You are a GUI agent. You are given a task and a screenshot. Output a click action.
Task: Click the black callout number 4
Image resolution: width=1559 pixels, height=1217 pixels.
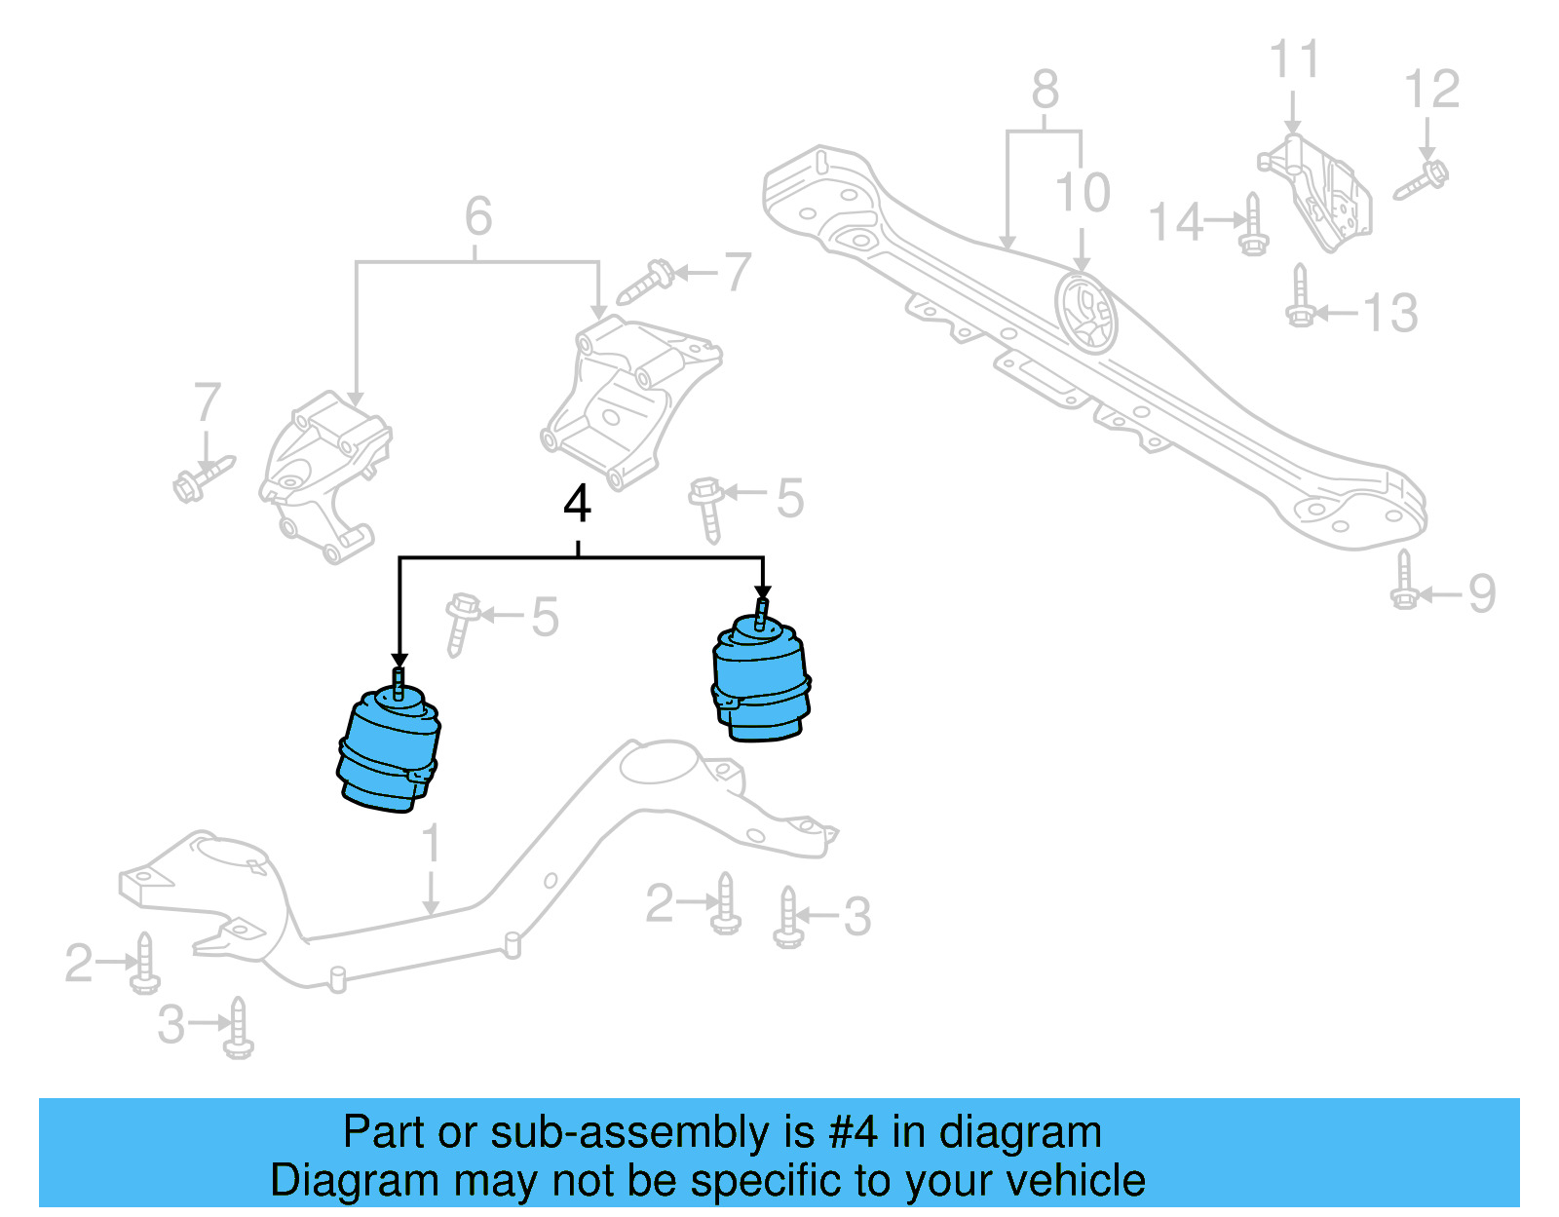[578, 505]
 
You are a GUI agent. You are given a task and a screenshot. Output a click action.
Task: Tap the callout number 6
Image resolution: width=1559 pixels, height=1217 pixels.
[478, 216]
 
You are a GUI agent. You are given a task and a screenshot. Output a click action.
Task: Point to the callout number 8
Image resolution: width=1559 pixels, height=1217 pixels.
[1045, 91]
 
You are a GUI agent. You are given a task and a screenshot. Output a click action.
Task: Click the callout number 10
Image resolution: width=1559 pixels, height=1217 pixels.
[1083, 193]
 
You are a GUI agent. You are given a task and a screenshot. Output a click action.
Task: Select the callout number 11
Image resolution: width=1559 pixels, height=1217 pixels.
[1294, 59]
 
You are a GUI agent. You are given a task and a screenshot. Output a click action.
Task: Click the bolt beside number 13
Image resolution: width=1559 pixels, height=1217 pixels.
[1300, 297]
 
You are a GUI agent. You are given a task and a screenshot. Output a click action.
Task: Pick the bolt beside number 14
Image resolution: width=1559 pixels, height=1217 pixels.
[1253, 225]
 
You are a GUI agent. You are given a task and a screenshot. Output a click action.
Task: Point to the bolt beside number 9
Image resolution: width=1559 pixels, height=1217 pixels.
[1404, 581]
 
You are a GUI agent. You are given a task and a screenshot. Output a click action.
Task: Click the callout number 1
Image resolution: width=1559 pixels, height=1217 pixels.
[431, 844]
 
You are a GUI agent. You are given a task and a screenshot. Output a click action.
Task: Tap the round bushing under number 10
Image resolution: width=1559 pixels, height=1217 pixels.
[1086, 313]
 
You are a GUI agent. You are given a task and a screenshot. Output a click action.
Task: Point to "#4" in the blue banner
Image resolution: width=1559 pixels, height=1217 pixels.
[853, 1133]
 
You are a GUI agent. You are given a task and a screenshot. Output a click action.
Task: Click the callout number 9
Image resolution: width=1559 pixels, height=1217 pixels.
[1481, 594]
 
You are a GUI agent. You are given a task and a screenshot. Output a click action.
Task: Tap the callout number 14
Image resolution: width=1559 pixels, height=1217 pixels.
[1176, 223]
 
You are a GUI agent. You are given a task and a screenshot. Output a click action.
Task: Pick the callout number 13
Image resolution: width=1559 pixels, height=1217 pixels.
[1389, 314]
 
